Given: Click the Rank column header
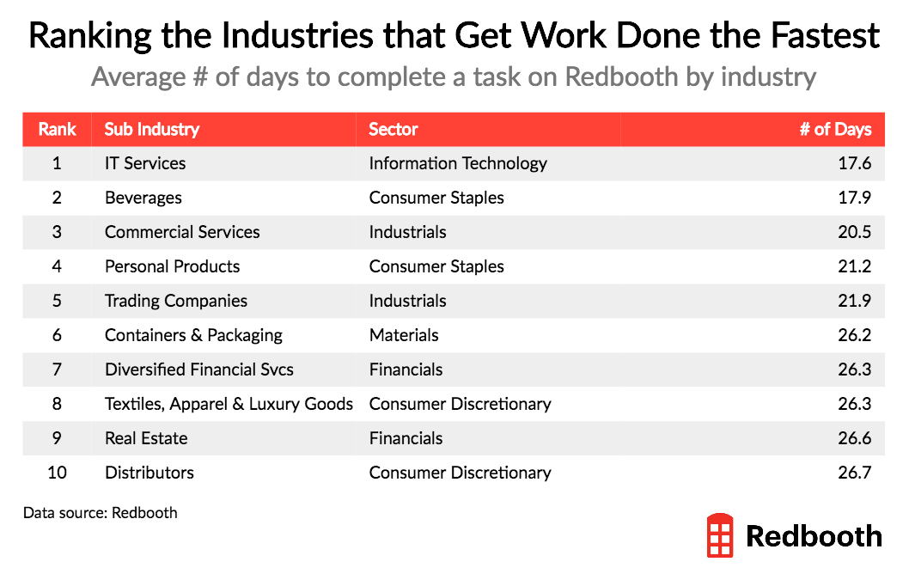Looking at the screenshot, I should coord(57,130).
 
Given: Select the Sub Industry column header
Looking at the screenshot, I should coord(151,130).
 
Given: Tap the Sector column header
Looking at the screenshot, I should coord(393,130).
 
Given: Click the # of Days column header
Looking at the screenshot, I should coord(835,130).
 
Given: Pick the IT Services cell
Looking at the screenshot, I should coord(144,163).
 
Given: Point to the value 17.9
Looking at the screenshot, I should coord(854,198).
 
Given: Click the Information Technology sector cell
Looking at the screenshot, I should coord(457,163).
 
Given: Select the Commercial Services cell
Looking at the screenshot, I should coord(181,232).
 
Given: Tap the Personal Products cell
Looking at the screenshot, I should coord(172,266).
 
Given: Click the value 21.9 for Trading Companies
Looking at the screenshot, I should coord(854,301).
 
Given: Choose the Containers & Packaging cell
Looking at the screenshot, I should coord(193,335).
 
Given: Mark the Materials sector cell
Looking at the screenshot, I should coord(403,335).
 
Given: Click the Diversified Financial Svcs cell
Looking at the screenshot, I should coord(198,369).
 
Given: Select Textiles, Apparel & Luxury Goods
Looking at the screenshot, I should coord(229,404).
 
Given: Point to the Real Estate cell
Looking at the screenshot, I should coord(145,438).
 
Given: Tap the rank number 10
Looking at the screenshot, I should coord(57,473).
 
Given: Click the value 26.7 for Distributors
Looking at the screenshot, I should coord(854,473).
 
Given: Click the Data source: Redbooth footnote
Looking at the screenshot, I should coord(100,513).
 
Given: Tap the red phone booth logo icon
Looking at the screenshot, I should coord(720,536).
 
